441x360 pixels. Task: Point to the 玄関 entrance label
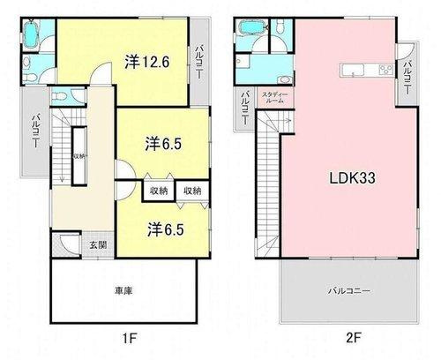[x=97, y=244]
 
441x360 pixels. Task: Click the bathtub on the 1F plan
[x=32, y=35]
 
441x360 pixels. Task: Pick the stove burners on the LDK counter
[x=385, y=71]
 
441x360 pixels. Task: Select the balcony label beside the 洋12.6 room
[x=201, y=63]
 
